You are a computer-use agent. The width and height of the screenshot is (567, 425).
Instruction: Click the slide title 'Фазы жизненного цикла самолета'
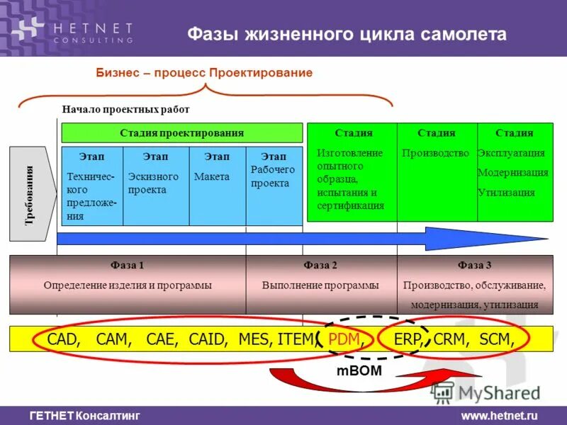pos(347,34)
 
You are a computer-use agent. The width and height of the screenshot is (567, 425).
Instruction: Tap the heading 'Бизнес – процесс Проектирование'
pos(204,73)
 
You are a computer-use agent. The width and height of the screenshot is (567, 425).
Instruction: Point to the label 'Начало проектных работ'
pos(125,109)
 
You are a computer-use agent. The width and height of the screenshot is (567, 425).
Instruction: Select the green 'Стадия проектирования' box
pos(181,132)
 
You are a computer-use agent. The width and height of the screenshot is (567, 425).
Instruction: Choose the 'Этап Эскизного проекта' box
pos(155,186)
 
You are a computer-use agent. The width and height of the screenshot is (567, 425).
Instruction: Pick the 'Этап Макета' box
pos(217,186)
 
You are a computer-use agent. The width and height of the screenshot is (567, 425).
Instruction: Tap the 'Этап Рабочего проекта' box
pos(274,186)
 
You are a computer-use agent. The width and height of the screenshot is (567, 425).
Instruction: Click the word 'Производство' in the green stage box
pos(435,153)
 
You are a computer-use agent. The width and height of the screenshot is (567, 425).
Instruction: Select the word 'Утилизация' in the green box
pos(506,192)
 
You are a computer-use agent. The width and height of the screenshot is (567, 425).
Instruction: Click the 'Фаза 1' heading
pos(128,266)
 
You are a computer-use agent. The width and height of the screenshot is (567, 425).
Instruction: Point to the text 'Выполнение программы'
pos(320,285)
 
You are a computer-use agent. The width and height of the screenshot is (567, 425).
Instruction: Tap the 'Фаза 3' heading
pos(474,266)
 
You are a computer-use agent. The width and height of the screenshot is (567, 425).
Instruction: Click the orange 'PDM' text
pos(346,339)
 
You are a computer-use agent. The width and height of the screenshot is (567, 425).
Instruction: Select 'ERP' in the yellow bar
pos(408,339)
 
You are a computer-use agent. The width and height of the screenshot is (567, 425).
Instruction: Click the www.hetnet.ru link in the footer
pos(499,416)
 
